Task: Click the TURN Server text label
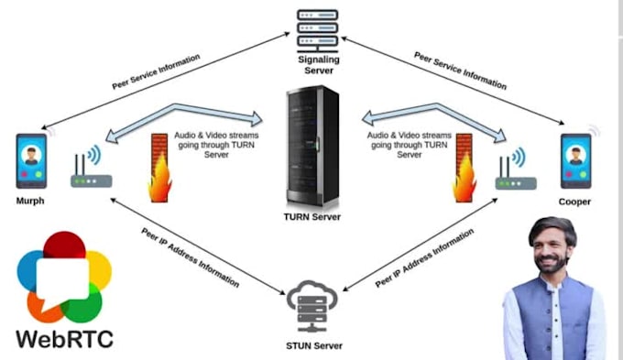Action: click(x=311, y=217)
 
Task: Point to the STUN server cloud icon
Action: click(x=311, y=302)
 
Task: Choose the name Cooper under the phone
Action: click(x=575, y=201)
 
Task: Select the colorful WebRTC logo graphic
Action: click(x=63, y=276)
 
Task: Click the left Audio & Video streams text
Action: click(x=213, y=145)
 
